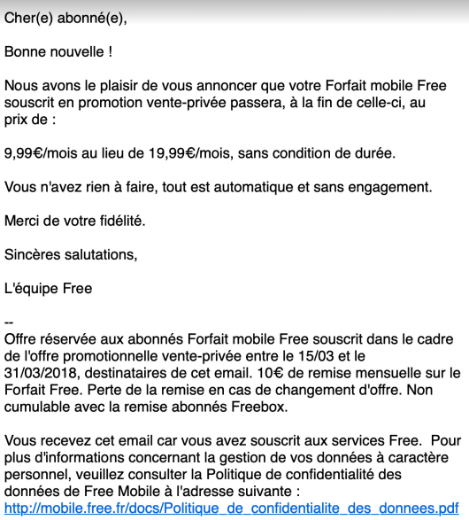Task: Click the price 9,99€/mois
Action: pyautogui.click(x=43, y=153)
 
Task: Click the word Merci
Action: pyautogui.click(x=24, y=221)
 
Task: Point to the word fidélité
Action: pyautogui.click(x=120, y=221)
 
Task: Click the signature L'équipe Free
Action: pyautogui.click(x=49, y=288)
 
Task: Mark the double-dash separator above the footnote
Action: pyautogui.click(x=10, y=322)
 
